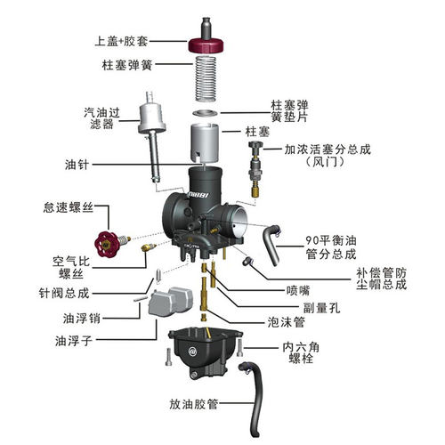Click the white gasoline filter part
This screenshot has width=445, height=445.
point(151,125)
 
